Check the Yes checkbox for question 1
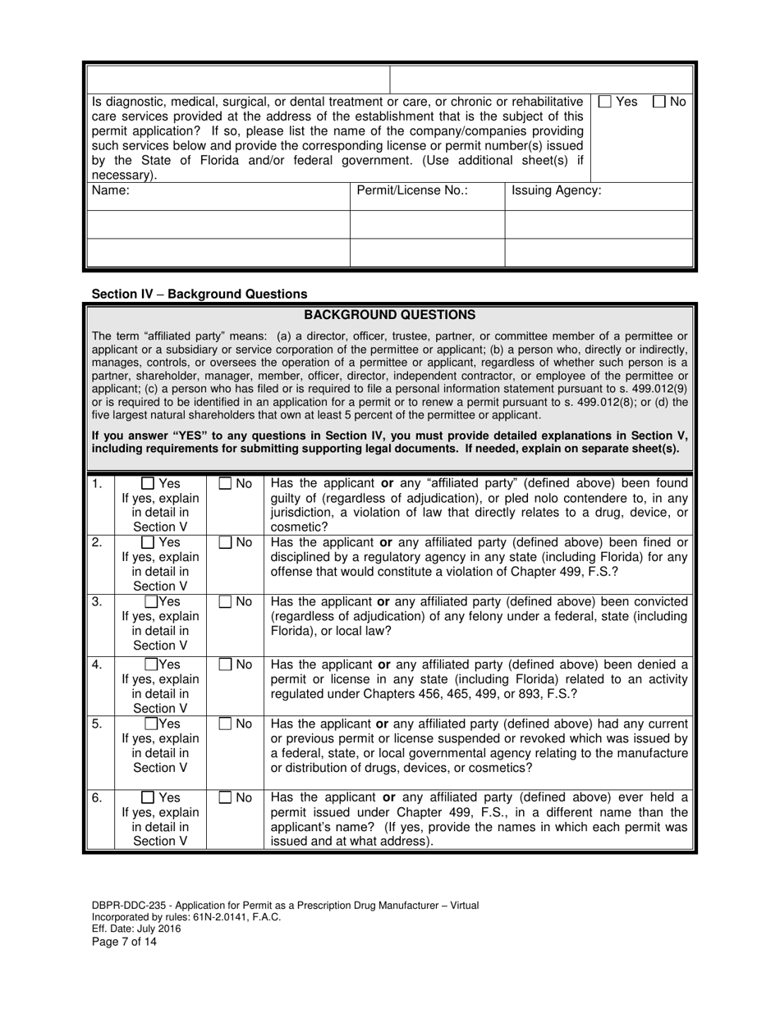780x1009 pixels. pyautogui.click(x=148, y=484)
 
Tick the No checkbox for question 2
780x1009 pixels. pyautogui.click(x=225, y=543)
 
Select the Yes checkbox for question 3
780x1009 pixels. pyautogui.click(x=150, y=602)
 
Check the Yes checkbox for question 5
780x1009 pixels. pyautogui.click(x=151, y=724)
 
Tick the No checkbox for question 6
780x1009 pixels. pyautogui.click(x=225, y=797)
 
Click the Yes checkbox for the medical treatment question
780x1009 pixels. pyautogui.click(x=605, y=103)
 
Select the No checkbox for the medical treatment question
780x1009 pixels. pyautogui.click(x=659, y=103)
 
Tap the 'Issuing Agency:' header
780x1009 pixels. pyautogui.click(x=556, y=191)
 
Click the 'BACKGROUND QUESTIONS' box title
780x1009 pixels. pyautogui.click(x=389, y=315)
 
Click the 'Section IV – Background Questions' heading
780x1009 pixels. pyautogui.click(x=200, y=294)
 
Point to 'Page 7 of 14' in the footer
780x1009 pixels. pyautogui.click(x=124, y=942)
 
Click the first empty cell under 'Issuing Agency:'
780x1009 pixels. pyautogui.click(x=599, y=225)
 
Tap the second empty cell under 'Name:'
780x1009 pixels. pyautogui.click(x=218, y=253)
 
